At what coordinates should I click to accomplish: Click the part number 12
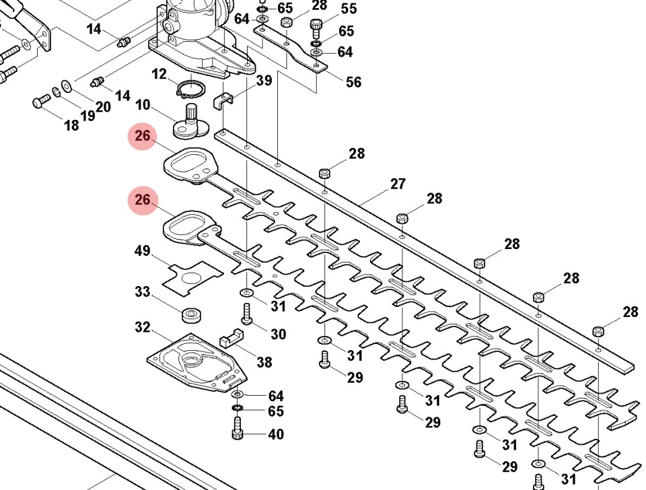tap(159, 74)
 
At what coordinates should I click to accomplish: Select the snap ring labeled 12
tap(192, 89)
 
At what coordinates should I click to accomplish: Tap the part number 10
tap(143, 106)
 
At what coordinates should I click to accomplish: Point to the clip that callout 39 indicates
tap(223, 102)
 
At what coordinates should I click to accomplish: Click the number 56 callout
tap(353, 82)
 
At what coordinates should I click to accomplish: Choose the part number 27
tap(398, 184)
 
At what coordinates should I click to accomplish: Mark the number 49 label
tap(142, 251)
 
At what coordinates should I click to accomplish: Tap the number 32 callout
tap(142, 328)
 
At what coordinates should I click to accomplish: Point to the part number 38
tap(264, 363)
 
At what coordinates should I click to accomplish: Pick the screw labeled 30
tap(246, 314)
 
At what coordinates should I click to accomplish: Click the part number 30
tap(278, 335)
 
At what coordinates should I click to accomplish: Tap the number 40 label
tap(276, 434)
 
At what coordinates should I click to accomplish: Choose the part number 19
tap(87, 115)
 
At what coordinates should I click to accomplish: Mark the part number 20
tap(102, 107)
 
